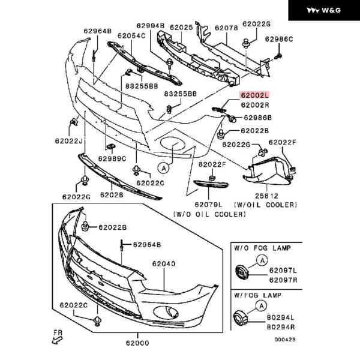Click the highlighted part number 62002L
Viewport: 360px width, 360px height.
[x=255, y=95]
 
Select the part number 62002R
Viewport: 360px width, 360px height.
[x=255, y=105]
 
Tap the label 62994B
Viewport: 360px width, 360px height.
[x=150, y=26]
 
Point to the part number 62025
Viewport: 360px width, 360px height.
[x=181, y=28]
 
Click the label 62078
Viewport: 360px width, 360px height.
[x=226, y=28]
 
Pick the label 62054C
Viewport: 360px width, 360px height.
[x=131, y=36]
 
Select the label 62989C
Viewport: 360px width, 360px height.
[x=112, y=159]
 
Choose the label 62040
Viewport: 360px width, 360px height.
[x=163, y=263]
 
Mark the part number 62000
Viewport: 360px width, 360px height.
[x=137, y=343]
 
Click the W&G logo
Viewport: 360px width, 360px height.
[x=324, y=11]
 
